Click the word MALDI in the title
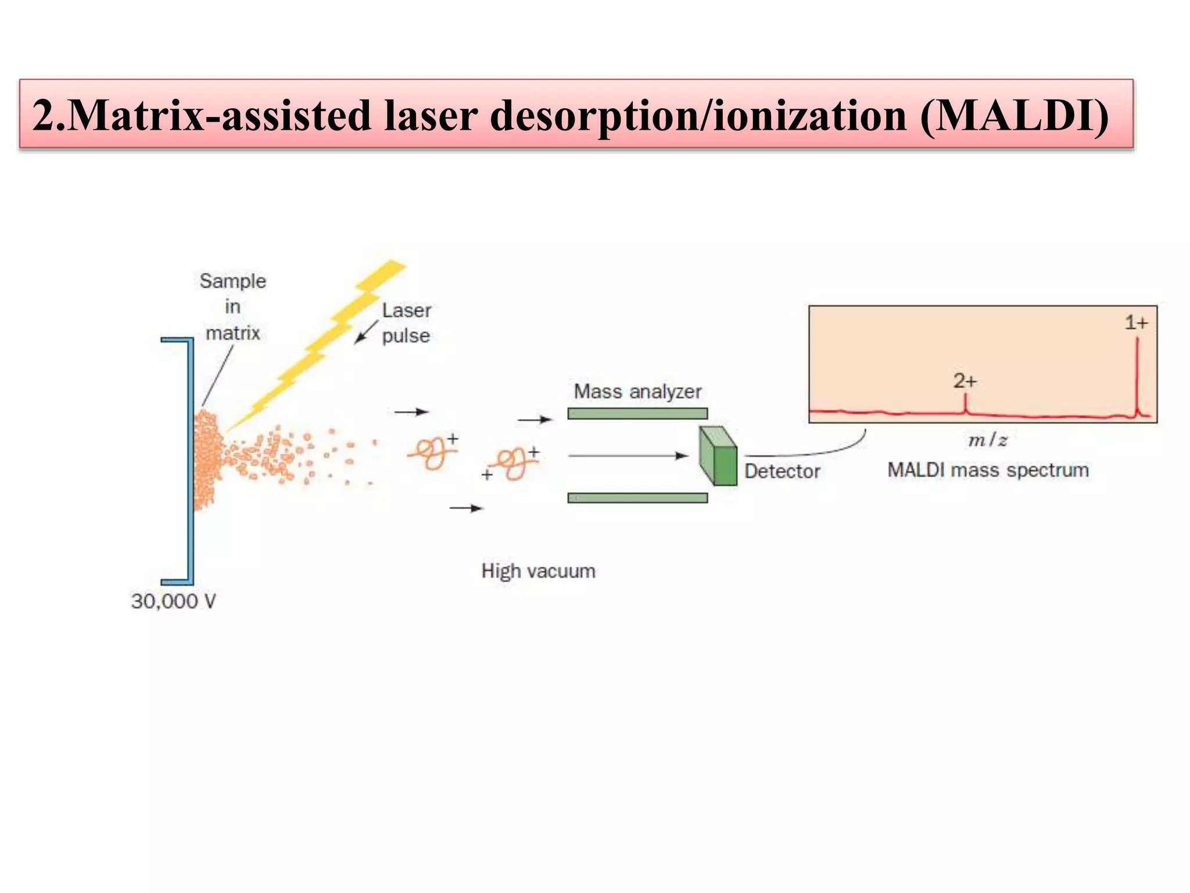tap(1014, 115)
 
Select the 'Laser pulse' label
tap(406, 323)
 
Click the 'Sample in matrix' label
tap(233, 306)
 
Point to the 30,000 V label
tap(173, 601)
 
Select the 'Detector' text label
tap(782, 471)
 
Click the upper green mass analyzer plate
tap(637, 413)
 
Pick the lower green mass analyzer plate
tap(637, 498)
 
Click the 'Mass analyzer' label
tap(637, 391)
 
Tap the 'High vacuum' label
tap(538, 571)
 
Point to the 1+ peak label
tap(1136, 322)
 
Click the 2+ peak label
tap(965, 381)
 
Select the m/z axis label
tap(987, 440)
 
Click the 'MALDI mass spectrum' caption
tap(988, 470)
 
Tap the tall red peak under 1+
tap(1137, 378)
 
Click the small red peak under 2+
tap(965, 404)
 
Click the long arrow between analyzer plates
tap(628, 456)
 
